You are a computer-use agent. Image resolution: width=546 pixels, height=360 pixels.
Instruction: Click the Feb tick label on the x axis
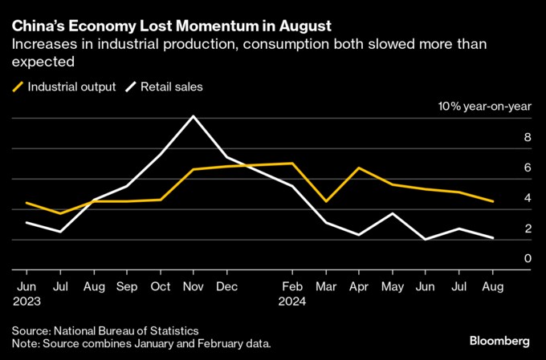pyautogui.click(x=291, y=285)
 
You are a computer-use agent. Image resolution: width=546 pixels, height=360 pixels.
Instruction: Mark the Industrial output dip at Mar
pyautogui.click(x=324, y=201)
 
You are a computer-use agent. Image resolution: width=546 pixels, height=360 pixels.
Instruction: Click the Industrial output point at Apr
pyautogui.click(x=357, y=168)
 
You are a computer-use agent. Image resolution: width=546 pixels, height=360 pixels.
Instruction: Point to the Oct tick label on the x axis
pyautogui.click(x=161, y=285)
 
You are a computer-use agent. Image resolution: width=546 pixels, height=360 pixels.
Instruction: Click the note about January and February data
pyautogui.click(x=141, y=344)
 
